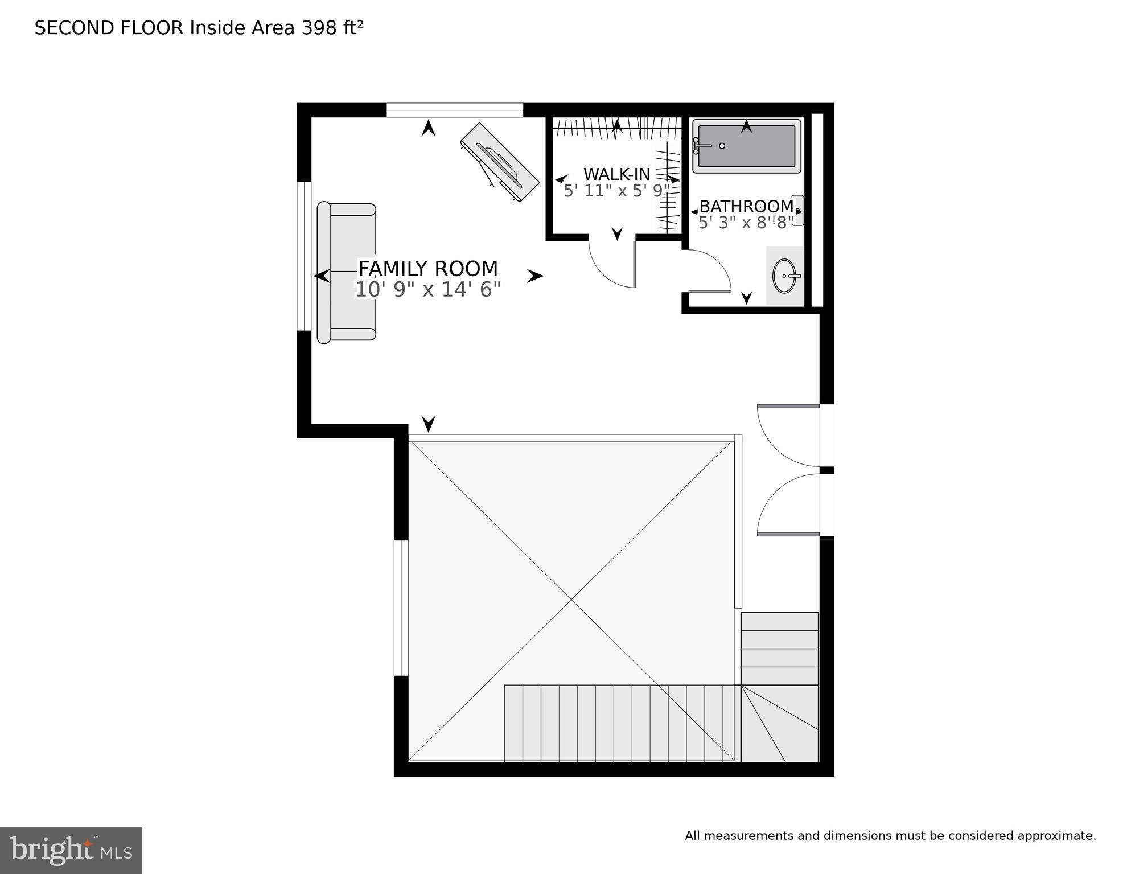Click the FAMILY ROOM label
[x=427, y=268]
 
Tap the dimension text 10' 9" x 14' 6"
[x=427, y=290]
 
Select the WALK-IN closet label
[x=616, y=174]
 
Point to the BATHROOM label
[x=746, y=206]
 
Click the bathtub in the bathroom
[x=746, y=147]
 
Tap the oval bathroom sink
[x=784, y=276]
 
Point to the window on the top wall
[x=454, y=110]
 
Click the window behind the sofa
[x=305, y=256]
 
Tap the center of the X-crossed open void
[x=571, y=599]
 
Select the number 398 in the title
[x=319, y=27]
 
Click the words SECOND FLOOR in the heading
[x=109, y=28]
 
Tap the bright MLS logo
[x=71, y=850]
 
